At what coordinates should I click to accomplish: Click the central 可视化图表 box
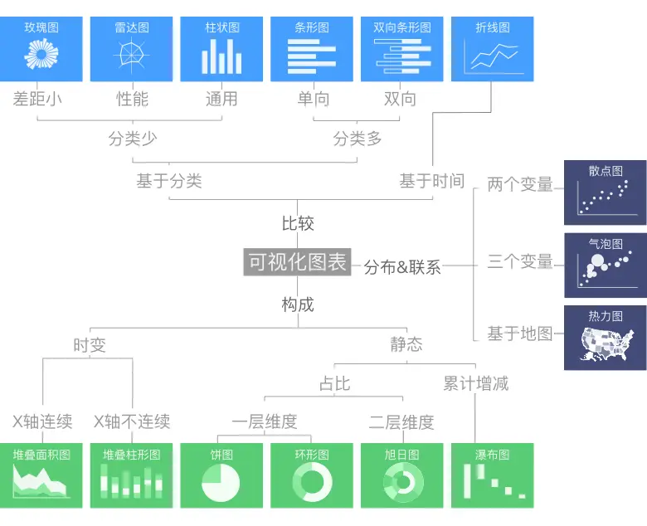pos(298,262)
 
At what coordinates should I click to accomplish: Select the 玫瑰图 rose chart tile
pos(41,49)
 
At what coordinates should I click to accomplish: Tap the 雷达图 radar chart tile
pos(131,49)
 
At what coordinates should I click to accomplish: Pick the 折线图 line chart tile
pos(492,49)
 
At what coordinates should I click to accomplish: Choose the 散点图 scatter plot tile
pos(605,192)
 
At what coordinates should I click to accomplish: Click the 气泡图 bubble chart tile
pos(605,265)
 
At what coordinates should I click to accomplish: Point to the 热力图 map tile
pos(605,337)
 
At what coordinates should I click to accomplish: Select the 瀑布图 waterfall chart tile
pos(492,475)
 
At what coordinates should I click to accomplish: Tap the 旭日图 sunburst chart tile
pos(401,475)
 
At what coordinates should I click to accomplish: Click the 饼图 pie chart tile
pos(221,475)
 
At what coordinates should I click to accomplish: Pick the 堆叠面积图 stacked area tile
pos(41,475)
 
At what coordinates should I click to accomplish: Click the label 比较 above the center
pos(298,224)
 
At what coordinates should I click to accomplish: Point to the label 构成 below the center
pos(298,304)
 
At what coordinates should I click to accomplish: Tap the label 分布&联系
pos(402,267)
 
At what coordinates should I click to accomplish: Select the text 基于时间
pos(431,181)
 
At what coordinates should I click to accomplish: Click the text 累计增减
pos(475,383)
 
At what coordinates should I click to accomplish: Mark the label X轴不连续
pos(132,421)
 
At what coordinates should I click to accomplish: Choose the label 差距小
pos(37,100)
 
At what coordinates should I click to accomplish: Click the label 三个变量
pos(520,262)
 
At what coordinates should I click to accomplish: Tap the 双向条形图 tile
pos(401,49)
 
